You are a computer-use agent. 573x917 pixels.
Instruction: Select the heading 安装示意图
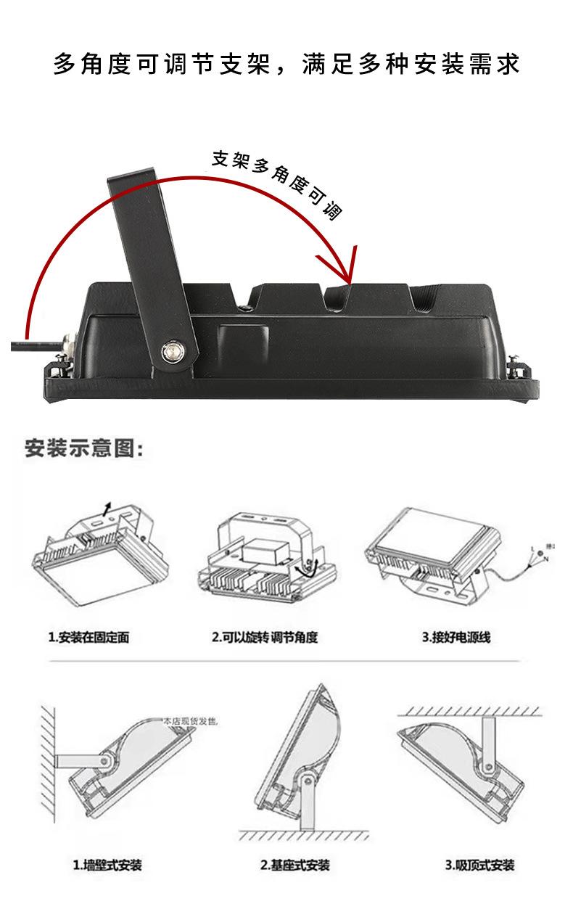[x=83, y=448]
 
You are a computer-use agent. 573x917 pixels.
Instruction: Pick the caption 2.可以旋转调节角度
[x=265, y=638]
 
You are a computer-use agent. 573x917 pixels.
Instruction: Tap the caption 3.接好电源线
[x=456, y=638]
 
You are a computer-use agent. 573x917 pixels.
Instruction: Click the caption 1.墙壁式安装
[x=107, y=865]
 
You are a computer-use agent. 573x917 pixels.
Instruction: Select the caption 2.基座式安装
[x=294, y=865]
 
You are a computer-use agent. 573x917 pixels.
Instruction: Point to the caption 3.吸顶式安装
[x=479, y=865]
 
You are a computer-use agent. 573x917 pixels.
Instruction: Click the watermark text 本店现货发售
[x=190, y=721]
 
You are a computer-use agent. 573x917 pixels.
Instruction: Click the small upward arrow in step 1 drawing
[x=108, y=508]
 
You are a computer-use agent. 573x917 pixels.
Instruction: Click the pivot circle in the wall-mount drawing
[x=105, y=760]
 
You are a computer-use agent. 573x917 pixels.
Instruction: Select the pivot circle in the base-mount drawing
[x=307, y=781]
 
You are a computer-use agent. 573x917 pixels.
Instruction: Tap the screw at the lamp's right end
[x=516, y=362]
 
